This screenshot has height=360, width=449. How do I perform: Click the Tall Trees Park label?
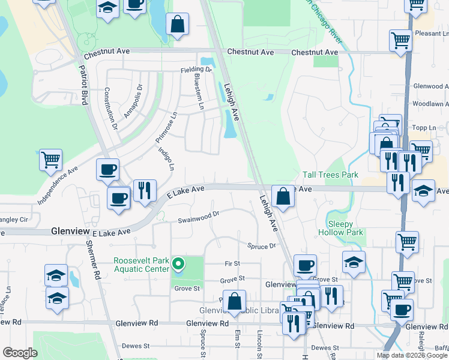click(330, 175)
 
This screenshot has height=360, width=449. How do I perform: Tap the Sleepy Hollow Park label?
click(340, 228)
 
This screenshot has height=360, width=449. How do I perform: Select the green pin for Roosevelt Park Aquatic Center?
click(178, 263)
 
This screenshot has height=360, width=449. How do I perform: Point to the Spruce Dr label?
click(261, 245)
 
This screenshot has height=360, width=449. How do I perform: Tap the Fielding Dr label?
click(196, 70)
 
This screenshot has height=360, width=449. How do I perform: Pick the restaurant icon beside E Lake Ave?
click(145, 190)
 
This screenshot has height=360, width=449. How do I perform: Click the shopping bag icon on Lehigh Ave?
click(282, 195)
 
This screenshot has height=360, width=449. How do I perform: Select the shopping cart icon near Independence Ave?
click(51, 160)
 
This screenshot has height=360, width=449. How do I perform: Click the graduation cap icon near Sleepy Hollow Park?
click(354, 262)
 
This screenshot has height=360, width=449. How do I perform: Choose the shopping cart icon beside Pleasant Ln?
click(400, 41)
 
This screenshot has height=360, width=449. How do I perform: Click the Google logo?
click(20, 353)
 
